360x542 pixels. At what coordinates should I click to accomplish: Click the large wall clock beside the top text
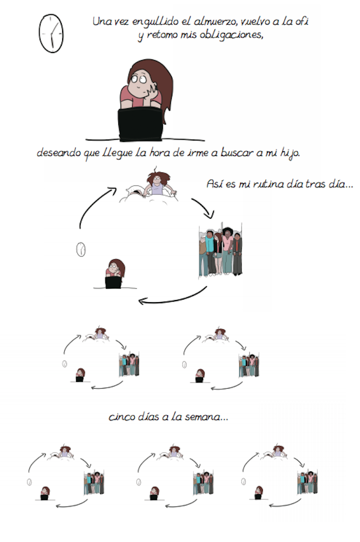51,33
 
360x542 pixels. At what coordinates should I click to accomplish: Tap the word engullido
155,22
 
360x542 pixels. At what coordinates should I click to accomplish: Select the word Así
214,184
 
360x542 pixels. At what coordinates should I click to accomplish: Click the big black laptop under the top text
140,125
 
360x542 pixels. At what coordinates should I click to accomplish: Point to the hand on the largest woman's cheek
151,91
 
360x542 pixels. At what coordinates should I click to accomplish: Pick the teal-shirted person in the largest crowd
209,252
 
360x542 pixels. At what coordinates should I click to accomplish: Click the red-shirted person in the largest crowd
238,254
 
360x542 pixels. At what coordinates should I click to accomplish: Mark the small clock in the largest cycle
81,250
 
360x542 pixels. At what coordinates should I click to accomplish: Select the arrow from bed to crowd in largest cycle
204,208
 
